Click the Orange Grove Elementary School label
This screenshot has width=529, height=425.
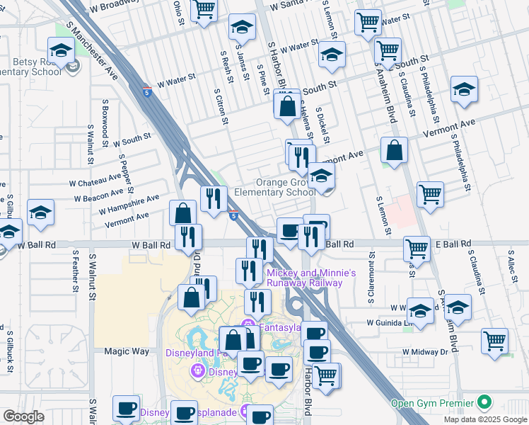pyautogui.click(x=285, y=187)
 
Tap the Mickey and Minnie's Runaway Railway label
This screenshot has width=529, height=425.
pyautogui.click(x=310, y=277)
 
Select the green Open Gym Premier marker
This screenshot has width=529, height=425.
pyautogui.click(x=484, y=402)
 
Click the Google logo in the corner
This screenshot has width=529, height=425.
pyautogui.click(x=23, y=416)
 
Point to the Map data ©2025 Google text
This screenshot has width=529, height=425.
pyautogui.click(x=485, y=419)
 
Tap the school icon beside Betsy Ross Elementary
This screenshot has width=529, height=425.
pyautogui.click(x=62, y=51)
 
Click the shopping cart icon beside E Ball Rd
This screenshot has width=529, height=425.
pyautogui.click(x=417, y=248)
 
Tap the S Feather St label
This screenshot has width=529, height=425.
pyautogui.click(x=73, y=271)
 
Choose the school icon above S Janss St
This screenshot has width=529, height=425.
pyautogui.click(x=242, y=28)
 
